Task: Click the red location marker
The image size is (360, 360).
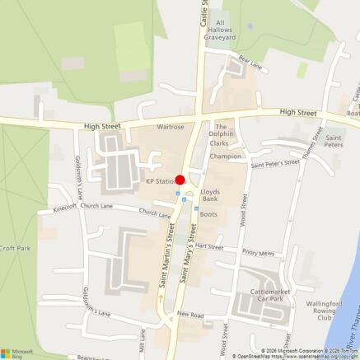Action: coord(180,180)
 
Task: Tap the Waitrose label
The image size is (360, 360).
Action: coord(170,127)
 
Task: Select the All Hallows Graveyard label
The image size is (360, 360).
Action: coord(220,30)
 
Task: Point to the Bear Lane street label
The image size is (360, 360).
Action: coord(250,60)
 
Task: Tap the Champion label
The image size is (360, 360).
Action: coord(226,156)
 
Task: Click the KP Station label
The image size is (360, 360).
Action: coord(160,181)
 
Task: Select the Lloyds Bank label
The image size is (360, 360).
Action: coord(210,195)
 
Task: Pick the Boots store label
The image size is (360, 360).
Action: coord(208,214)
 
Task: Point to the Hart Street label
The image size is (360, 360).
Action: coord(209,245)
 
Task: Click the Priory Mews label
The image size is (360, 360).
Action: coord(259,253)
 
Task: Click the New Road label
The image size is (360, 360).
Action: coord(189,315)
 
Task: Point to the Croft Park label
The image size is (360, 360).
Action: coord(14,248)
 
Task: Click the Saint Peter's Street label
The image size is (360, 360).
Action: coord(275,163)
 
